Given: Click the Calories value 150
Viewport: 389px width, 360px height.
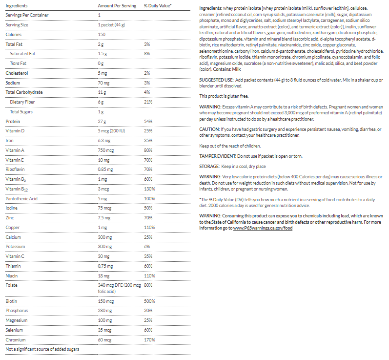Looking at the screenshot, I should (x=102, y=35).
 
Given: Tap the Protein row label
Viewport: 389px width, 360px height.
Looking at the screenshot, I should (x=13, y=121).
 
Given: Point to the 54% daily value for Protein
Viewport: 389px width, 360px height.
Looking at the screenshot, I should (x=148, y=121).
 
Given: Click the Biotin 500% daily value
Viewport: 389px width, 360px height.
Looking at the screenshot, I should (x=149, y=301).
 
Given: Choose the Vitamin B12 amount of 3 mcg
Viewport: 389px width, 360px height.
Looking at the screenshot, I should (x=104, y=189).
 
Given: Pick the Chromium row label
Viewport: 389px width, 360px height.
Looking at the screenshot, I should (x=15, y=339).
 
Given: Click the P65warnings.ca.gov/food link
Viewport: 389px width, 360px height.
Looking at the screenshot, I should (x=263, y=229).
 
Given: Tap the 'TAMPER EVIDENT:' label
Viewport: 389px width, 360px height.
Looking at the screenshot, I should (x=218, y=156).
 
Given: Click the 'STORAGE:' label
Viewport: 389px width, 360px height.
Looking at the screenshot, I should (x=210, y=167).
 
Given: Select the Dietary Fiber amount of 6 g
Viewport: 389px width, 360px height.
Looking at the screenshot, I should (x=101, y=102).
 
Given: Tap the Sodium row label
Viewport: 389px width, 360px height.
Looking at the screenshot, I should (x=13, y=83).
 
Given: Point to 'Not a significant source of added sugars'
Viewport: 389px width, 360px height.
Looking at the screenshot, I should (x=42, y=349).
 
